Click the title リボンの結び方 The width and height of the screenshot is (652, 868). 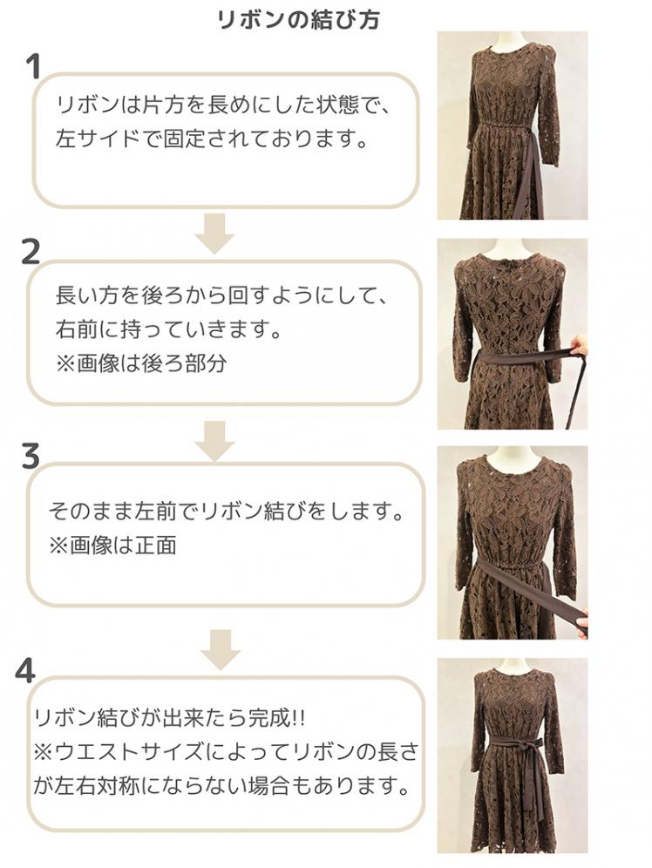pos(299,20)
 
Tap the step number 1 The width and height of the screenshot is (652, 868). pos(34,67)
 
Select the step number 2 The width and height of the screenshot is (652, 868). pos(31,252)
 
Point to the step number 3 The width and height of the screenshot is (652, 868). pos(31,457)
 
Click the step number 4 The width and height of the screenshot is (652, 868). pos(25,670)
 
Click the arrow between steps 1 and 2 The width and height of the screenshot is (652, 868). pos(214,234)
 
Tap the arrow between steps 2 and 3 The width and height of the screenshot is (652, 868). pos(214,441)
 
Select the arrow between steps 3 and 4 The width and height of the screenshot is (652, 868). pos(220,650)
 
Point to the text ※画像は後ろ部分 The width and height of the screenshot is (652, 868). pos(141,363)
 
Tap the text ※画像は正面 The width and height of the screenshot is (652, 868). pos(113,546)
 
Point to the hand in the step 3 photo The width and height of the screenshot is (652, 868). pos(581,627)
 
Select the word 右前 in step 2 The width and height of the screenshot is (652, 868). pos(77,330)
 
